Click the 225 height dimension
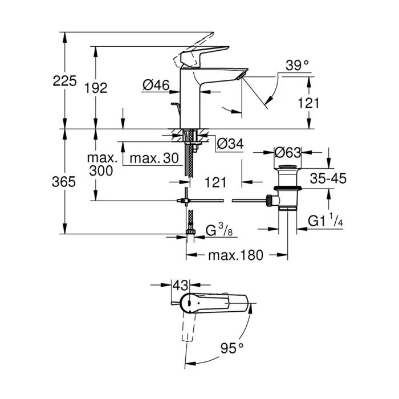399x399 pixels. pos(64,82)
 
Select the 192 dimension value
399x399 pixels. pos(95,88)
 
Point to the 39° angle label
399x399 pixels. pos(297,66)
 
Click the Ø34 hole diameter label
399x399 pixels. pos(230,145)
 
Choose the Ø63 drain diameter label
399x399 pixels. pos(287,153)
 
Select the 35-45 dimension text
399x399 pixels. pos(328,178)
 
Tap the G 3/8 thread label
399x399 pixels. pos(219,231)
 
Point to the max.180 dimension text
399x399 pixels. pos(235,255)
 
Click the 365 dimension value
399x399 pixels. pos(64,182)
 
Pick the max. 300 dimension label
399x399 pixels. pos(103,164)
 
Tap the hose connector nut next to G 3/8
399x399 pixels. pos(190,231)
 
